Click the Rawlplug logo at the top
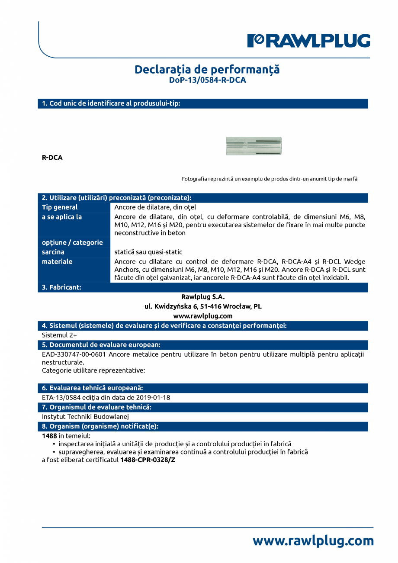coord(308,41)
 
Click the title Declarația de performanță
coord(207,69)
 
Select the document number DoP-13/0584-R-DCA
coord(207,80)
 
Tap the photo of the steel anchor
coord(254,146)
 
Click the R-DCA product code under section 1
coord(52,158)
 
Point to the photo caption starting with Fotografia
coord(270,179)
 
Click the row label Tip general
coord(60,207)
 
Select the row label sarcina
coord(53,252)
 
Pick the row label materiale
coord(57,261)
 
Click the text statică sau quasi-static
coord(148,252)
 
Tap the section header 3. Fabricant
coord(61,287)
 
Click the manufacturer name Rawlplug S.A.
coord(203,297)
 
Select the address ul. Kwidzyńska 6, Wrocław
coord(203,306)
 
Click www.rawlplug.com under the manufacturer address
coord(203,316)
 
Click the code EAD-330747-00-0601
coord(74,354)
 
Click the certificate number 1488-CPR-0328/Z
coord(148,460)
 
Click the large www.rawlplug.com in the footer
coord(313,541)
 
